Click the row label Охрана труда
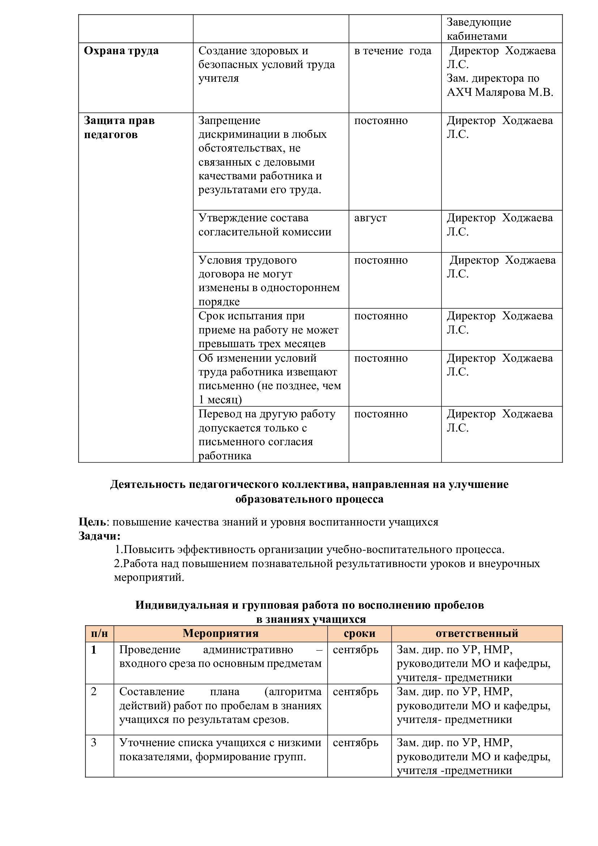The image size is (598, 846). pyautogui.click(x=121, y=51)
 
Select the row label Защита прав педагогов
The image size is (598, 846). pyautogui.click(x=119, y=127)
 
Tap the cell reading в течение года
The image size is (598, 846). pyautogui.click(x=393, y=51)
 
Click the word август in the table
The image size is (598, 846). pyautogui.click(x=370, y=218)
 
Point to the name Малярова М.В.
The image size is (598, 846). pyautogui.click(x=514, y=92)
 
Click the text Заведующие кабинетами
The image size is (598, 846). pyautogui.click(x=479, y=29)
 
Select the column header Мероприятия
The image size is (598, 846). pyautogui.click(x=221, y=633)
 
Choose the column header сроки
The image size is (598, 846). pyautogui.click(x=359, y=633)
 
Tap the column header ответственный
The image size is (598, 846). pyautogui.click(x=477, y=633)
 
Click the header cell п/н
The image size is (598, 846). pyautogui.click(x=99, y=633)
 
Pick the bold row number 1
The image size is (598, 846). pyautogui.click(x=94, y=650)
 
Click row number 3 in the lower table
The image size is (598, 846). pyautogui.click(x=94, y=743)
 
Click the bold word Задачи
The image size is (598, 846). pyautogui.click(x=99, y=536)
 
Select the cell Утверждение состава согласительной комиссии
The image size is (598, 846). pyautogui.click(x=265, y=225)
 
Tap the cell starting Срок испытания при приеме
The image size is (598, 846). pyautogui.click(x=268, y=330)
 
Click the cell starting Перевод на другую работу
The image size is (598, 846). pyautogui.click(x=266, y=435)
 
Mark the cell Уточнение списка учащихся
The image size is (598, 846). pyautogui.click(x=220, y=749)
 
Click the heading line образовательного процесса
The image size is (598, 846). pyautogui.click(x=309, y=499)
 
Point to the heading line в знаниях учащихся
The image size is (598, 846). pyautogui.click(x=311, y=619)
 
